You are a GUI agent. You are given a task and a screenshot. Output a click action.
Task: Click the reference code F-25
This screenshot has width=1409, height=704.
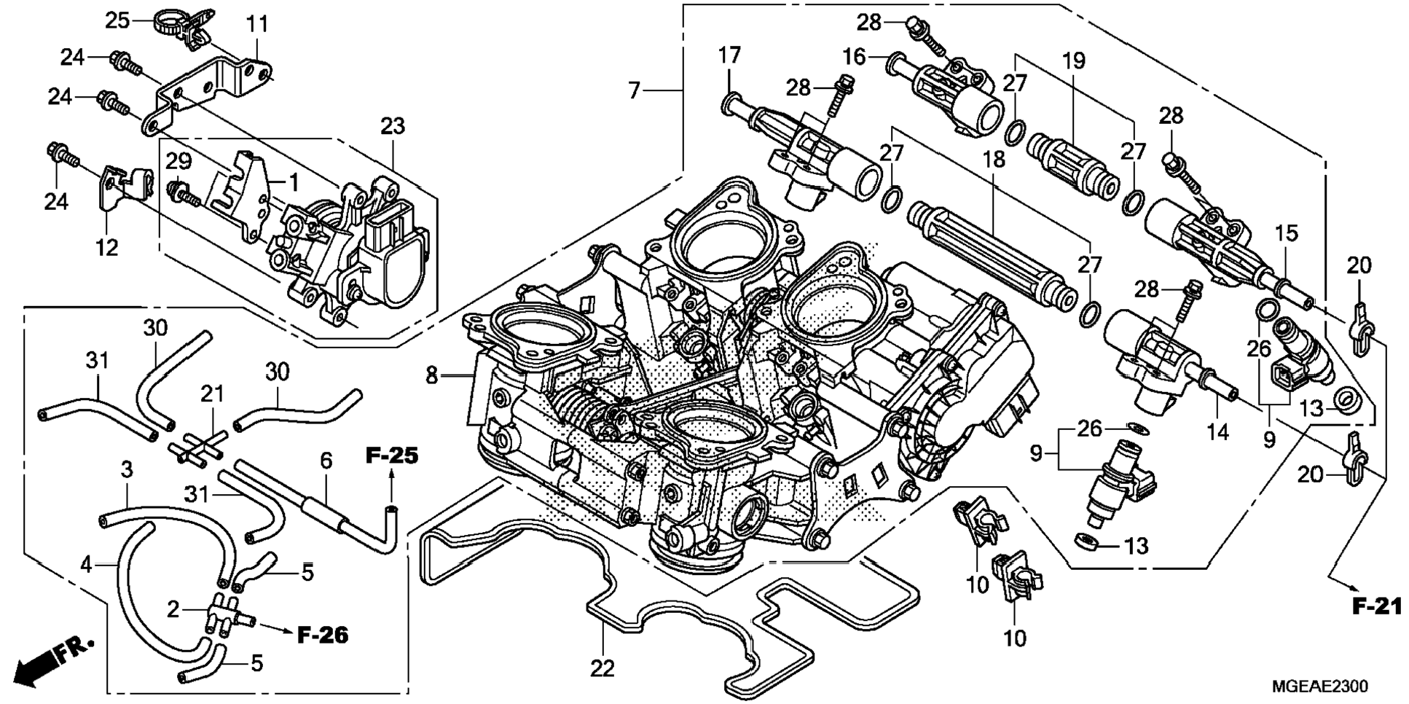click(392, 457)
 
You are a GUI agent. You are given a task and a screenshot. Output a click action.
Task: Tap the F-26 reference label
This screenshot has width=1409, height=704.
click(323, 635)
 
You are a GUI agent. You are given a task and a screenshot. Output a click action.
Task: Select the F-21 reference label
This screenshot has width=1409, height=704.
click(1376, 606)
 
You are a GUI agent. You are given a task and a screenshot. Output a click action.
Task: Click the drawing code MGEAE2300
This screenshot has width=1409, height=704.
click(1319, 687)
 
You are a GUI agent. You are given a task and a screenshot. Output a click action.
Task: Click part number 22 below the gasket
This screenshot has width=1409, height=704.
click(603, 668)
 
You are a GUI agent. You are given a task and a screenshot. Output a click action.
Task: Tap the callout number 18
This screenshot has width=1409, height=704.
click(994, 159)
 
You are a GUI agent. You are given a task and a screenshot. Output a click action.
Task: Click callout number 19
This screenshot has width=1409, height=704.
click(1074, 60)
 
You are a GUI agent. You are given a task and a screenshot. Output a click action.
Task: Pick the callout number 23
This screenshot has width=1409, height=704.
click(392, 126)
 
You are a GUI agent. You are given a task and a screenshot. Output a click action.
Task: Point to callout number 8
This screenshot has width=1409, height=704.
click(432, 376)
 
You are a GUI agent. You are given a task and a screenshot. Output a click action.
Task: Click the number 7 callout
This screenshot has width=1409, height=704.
click(634, 90)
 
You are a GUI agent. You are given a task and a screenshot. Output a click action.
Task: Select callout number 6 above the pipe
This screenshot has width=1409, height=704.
click(326, 461)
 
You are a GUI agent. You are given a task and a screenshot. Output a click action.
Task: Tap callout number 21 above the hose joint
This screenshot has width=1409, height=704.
click(212, 394)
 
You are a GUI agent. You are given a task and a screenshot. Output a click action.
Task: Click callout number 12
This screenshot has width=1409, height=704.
click(106, 247)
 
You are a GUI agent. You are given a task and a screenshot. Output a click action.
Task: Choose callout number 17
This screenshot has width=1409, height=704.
click(729, 55)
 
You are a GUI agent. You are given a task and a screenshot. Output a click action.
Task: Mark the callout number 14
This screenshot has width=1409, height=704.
click(1217, 432)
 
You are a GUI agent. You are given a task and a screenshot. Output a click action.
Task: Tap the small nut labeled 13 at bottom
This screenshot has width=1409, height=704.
click(1086, 541)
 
